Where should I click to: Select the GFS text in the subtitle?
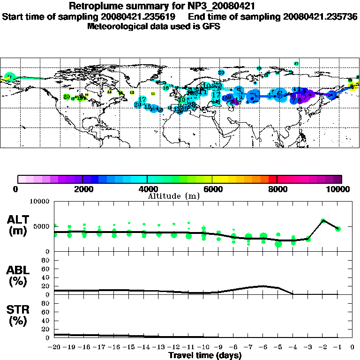tap(211, 26)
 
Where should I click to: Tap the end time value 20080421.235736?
tap(320, 16)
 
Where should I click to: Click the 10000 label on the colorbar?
tap(339, 189)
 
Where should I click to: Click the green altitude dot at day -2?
tap(322, 220)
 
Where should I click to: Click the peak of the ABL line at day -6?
tap(263, 286)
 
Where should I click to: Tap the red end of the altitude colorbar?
tap(273, 179)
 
